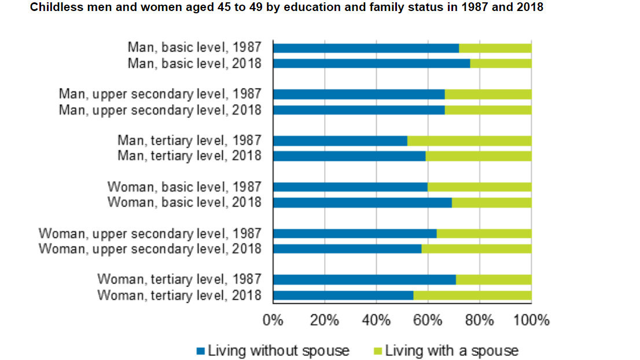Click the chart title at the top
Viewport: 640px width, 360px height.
(x=286, y=8)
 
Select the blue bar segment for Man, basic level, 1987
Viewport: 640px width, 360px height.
(x=365, y=48)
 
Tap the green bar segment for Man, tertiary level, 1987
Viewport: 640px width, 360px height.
(x=469, y=141)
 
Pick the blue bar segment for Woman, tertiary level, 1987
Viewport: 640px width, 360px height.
(x=364, y=280)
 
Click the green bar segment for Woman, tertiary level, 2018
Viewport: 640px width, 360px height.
(x=472, y=295)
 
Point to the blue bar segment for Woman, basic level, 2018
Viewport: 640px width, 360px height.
(x=362, y=203)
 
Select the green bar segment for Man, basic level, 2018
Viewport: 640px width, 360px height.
(x=501, y=63)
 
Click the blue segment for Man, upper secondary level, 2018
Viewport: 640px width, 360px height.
(x=358, y=110)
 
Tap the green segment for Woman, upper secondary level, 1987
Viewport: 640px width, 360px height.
(x=484, y=234)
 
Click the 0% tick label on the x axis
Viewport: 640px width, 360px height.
(x=273, y=320)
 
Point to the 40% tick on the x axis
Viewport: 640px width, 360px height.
(x=376, y=320)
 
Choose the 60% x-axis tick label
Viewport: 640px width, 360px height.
(x=428, y=320)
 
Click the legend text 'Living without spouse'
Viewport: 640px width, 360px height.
(x=278, y=351)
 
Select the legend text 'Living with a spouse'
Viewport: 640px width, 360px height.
(x=451, y=351)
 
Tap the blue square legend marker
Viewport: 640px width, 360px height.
(x=201, y=351)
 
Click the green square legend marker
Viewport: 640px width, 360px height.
(x=378, y=351)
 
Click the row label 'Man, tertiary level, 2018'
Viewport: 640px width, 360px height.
(x=189, y=156)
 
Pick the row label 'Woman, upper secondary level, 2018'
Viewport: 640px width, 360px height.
(x=150, y=249)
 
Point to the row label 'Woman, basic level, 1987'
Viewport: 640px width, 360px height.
(x=184, y=187)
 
